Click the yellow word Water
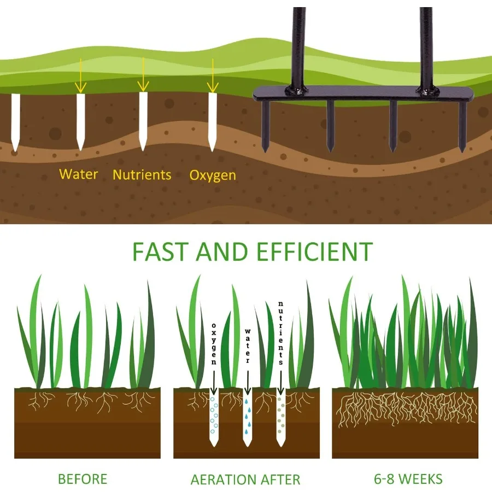click(x=78, y=174)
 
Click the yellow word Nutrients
click(x=142, y=174)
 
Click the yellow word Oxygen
click(x=213, y=175)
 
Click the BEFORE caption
click(x=83, y=479)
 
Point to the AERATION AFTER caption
click(x=245, y=479)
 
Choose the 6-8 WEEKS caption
click(x=408, y=479)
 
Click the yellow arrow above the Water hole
click(x=81, y=75)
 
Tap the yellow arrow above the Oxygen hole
click(x=213, y=75)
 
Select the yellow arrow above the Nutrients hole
click(x=143, y=75)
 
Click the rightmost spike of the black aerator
click(x=462, y=127)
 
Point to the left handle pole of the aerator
click(x=297, y=47)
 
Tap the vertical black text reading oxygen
click(x=214, y=344)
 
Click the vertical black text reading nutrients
click(x=280, y=333)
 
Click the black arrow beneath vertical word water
click(x=248, y=383)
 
